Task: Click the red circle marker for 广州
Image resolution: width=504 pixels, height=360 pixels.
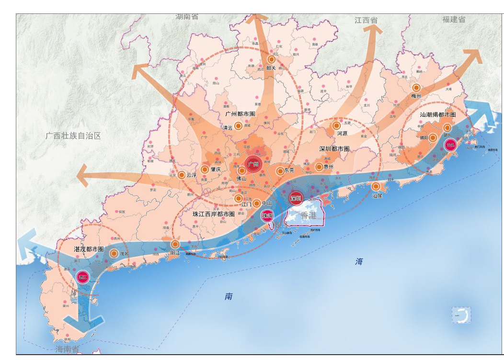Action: tap(253, 164)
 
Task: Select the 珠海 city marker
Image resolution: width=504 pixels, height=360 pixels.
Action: tap(267, 216)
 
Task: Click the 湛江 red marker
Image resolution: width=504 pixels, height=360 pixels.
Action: tap(83, 277)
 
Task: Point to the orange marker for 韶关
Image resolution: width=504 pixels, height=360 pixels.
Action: tap(271, 59)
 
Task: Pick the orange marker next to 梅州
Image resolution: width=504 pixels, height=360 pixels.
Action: tap(416, 88)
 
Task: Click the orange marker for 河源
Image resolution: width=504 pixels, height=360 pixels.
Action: tap(336, 125)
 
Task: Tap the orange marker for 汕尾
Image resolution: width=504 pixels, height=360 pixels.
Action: tap(376, 186)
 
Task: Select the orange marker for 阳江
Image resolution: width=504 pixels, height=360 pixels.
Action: tap(175, 244)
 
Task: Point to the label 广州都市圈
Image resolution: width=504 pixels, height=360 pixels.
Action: tap(240, 114)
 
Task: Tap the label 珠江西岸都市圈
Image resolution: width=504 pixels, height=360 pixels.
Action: tap(213, 214)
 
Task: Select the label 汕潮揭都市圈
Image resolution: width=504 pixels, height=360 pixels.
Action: tap(438, 115)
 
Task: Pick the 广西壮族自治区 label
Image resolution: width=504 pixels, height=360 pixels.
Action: tap(73, 136)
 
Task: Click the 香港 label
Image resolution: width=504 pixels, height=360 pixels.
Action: tap(309, 216)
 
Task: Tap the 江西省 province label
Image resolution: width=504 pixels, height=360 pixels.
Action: tap(366, 20)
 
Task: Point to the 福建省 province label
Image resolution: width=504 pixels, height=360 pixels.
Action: tap(454, 20)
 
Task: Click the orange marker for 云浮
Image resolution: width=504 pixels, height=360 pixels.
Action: tap(182, 175)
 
